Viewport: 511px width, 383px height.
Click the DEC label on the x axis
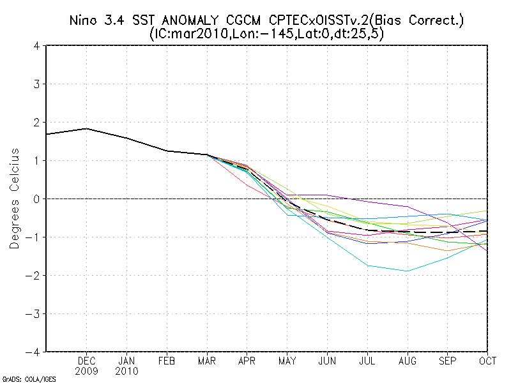[87, 361]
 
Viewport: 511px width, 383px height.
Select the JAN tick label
[126, 361]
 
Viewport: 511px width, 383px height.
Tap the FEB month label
[167, 361]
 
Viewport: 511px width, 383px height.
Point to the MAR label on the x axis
[206, 361]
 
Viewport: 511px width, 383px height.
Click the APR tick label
[247, 361]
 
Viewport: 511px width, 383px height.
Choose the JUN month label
[327, 361]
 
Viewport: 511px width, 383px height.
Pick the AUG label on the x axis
[407, 361]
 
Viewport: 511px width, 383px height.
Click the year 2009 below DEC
[87, 370]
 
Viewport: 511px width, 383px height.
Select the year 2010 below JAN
[126, 370]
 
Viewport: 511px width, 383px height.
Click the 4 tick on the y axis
[37, 46]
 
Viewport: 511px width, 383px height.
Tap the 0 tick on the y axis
[37, 199]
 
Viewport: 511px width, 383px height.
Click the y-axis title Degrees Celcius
[14, 199]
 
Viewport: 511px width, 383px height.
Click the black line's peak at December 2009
[87, 128]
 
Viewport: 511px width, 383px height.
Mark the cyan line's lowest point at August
[407, 271]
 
